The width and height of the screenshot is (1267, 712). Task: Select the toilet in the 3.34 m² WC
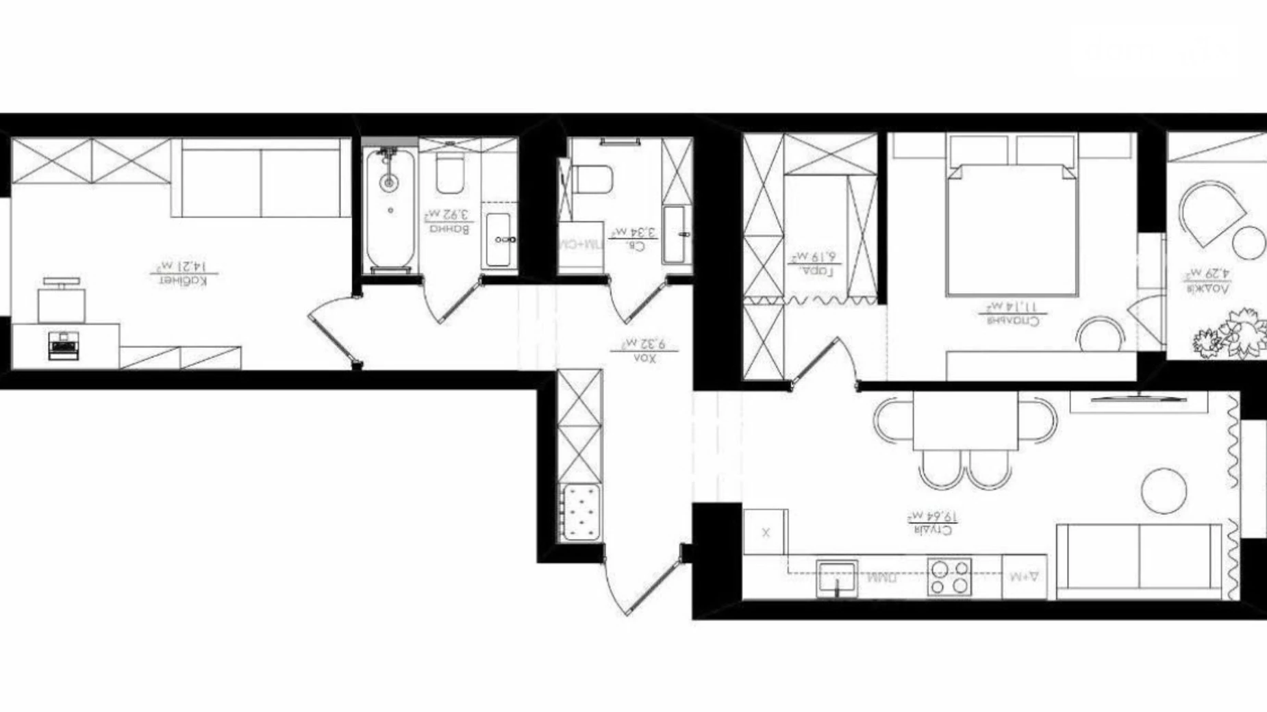click(592, 179)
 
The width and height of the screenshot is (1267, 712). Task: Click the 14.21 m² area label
click(183, 272)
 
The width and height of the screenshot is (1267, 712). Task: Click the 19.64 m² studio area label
click(932, 522)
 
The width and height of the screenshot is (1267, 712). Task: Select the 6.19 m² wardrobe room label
click(814, 264)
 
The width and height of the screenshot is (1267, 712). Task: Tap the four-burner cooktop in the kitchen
click(949, 576)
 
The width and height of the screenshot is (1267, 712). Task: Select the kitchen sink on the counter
click(837, 577)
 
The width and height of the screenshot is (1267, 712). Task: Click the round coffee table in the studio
click(1164, 490)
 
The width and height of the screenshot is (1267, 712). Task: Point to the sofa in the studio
click(1140, 560)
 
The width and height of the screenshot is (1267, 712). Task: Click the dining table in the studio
click(965, 420)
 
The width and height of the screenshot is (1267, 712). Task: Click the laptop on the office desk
click(63, 344)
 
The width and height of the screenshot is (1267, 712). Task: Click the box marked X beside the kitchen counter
click(765, 532)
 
